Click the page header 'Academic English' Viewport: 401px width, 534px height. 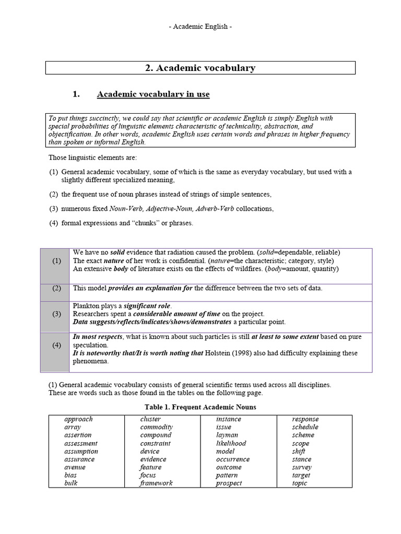(200, 27)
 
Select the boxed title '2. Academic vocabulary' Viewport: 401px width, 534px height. (200, 68)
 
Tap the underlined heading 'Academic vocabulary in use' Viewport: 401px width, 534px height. (153, 94)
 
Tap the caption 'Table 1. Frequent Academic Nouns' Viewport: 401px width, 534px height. (200, 407)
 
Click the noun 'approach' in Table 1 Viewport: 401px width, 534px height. (78, 419)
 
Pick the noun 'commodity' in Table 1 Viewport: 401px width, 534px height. (156, 427)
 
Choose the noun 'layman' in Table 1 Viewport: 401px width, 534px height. (227, 435)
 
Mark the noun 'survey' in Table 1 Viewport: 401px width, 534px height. (302, 467)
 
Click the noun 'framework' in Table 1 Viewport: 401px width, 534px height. (156, 483)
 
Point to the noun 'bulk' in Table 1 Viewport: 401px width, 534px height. (71, 483)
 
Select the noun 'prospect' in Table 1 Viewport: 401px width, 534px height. (229, 483)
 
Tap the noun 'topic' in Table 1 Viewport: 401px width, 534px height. (300, 483)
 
